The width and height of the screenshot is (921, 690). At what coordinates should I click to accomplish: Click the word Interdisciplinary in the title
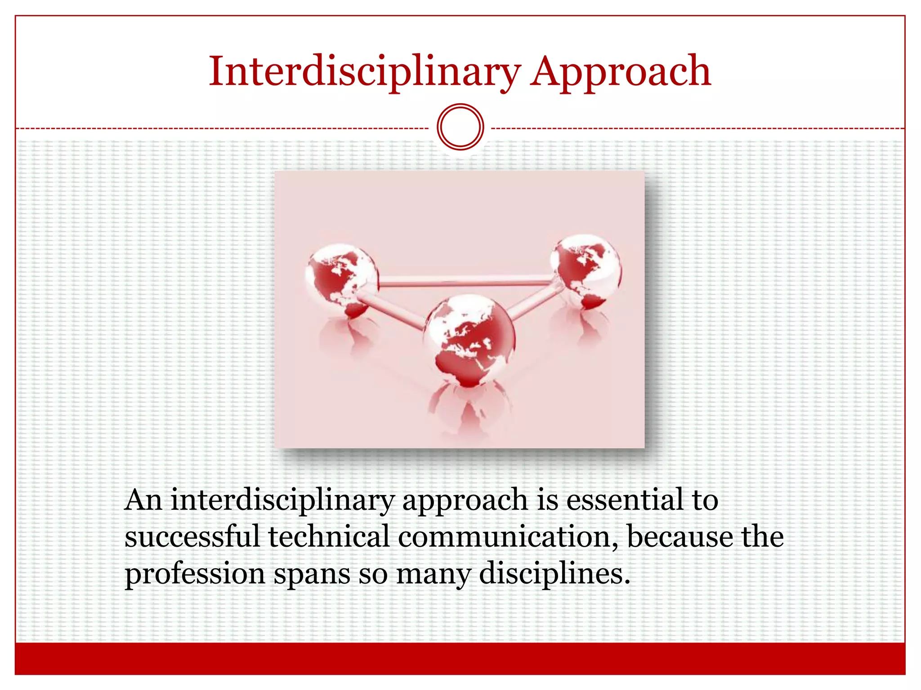pos(364,72)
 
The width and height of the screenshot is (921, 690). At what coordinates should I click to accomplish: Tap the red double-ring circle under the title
pos(460,127)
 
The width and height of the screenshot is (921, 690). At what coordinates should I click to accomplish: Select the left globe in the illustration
pos(342,279)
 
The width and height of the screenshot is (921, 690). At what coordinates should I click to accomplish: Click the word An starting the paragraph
pos(143,500)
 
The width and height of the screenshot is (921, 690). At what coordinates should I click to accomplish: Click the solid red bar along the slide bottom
pos(460,659)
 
